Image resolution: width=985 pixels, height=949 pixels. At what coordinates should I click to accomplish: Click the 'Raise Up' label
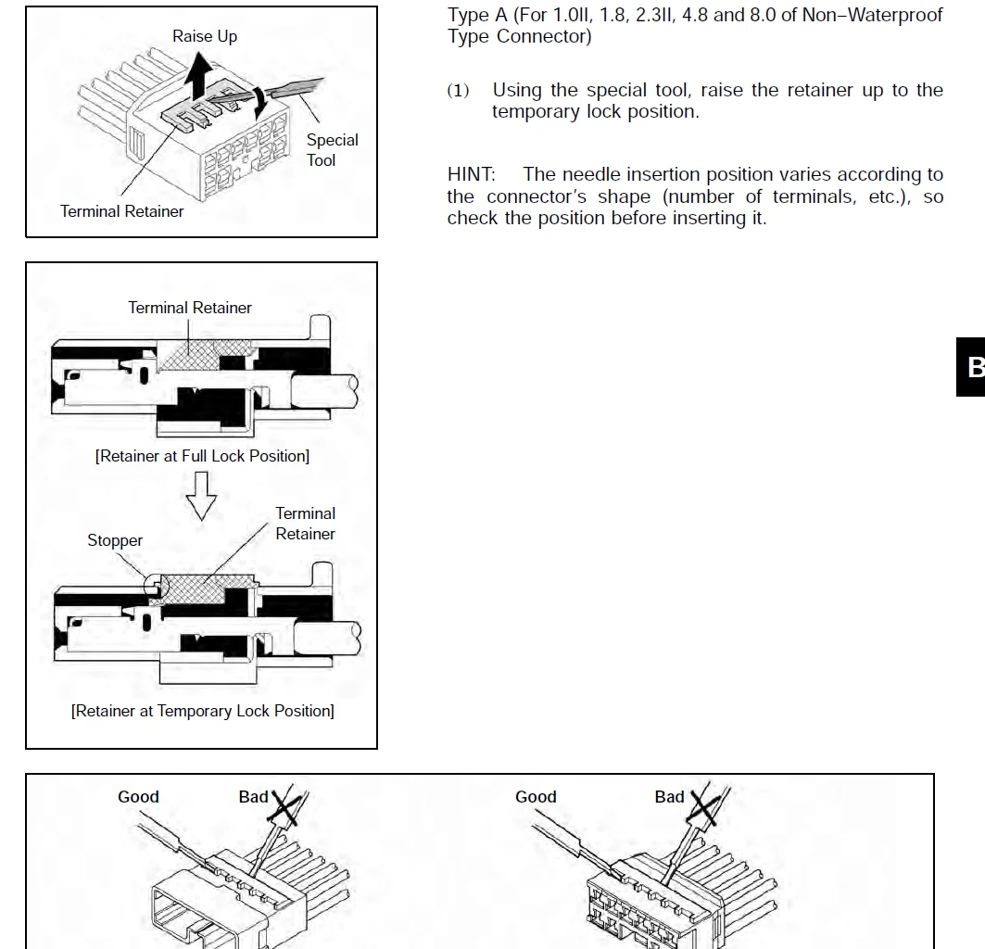205,36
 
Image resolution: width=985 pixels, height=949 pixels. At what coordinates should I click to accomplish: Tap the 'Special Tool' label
332,150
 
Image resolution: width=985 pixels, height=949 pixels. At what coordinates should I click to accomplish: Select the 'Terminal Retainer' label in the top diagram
122,211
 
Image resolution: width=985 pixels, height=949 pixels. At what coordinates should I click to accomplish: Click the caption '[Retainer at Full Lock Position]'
202,456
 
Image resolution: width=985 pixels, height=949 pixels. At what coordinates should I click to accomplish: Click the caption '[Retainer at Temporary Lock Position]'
202,711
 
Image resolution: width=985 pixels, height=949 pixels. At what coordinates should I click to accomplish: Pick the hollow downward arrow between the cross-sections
201,496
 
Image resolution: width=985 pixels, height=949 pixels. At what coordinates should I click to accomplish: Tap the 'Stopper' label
115,540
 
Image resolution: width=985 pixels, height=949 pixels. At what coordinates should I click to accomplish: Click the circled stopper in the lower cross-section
157,586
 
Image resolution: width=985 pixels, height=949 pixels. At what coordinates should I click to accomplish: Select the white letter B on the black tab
976,367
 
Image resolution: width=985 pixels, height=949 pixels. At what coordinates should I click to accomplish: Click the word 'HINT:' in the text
471,174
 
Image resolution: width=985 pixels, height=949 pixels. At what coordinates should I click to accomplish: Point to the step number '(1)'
458,91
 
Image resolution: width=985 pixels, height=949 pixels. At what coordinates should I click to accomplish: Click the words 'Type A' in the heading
477,15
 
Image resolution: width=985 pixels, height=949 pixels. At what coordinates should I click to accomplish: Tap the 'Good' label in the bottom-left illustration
138,796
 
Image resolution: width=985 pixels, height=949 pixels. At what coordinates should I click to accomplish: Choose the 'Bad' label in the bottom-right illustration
669,796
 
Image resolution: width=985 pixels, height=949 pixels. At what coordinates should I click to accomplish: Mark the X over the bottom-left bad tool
284,807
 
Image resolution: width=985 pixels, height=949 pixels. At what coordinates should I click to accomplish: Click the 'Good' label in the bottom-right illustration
536,796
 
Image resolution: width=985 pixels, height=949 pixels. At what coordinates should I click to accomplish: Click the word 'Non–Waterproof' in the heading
895,15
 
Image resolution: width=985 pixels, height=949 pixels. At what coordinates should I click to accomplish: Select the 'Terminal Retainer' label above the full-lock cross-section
190,308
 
